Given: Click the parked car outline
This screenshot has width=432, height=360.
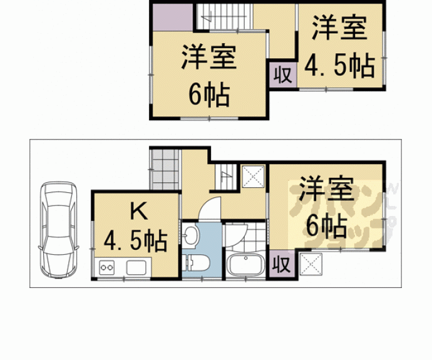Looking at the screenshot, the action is click(58, 230).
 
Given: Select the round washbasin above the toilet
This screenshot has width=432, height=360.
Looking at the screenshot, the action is click(191, 235).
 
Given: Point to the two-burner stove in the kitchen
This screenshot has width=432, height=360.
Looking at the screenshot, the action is click(106, 267).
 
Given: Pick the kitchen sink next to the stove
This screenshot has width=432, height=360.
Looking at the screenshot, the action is click(136, 267).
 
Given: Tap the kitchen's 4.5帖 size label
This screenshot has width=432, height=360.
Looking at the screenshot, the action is click(136, 241).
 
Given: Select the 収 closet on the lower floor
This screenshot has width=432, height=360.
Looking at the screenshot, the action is click(282, 265).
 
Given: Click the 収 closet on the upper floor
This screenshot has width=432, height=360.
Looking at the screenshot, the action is click(282, 75).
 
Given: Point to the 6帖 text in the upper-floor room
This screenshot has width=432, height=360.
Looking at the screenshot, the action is click(209, 95).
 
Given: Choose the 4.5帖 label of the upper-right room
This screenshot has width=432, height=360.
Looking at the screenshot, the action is click(340, 66).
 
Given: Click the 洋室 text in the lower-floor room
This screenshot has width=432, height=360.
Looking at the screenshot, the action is click(326, 189).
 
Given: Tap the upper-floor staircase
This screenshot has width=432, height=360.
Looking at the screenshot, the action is click(225, 16).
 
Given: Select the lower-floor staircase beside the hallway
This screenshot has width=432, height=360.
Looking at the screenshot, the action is click(226, 177).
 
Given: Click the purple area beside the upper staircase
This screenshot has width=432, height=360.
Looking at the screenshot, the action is click(173, 17).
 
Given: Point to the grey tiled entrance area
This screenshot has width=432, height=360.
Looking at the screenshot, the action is click(165, 170).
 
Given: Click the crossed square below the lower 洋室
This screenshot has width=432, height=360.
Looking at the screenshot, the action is click(311, 264).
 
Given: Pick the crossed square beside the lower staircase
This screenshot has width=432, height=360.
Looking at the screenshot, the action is click(253, 177).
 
